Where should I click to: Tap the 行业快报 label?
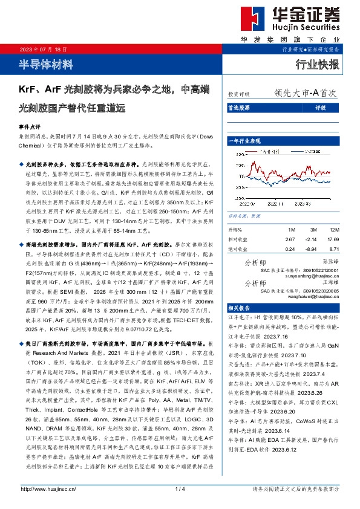pyautogui.click(x=317, y=64)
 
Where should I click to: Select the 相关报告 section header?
pyautogui.click(x=237, y=307)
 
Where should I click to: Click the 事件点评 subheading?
pyautogui.click(x=29, y=128)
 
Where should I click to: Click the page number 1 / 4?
pyautogui.click(x=179, y=488)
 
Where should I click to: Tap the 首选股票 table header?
pyautogui.click(x=238, y=108)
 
